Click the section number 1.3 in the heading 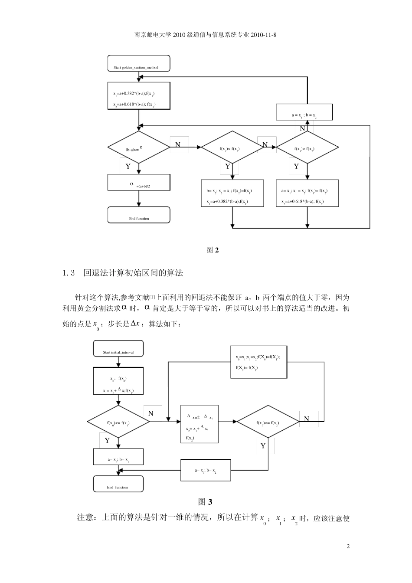click(x=69, y=273)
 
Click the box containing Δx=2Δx click(x=199, y=424)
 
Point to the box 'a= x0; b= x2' click(x=206, y=469)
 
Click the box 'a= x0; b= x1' click(x=118, y=457)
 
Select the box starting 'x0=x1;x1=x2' click(x=258, y=362)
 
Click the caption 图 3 click(x=205, y=502)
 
